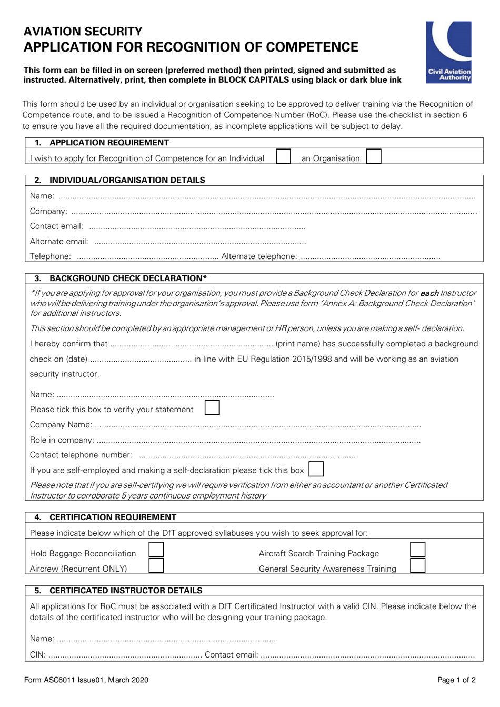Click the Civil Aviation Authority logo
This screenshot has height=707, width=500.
(x=448, y=52)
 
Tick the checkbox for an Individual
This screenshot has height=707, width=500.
(x=283, y=157)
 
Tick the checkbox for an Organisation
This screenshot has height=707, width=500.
(x=373, y=157)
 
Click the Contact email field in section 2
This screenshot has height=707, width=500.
(x=197, y=227)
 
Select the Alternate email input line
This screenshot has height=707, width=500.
(x=199, y=242)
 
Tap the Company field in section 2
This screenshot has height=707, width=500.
(x=274, y=212)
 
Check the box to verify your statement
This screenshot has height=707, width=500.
(x=212, y=408)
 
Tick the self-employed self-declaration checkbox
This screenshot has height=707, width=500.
(x=316, y=469)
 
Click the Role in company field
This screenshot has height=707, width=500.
(x=258, y=441)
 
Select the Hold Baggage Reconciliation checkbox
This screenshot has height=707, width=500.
(x=156, y=550)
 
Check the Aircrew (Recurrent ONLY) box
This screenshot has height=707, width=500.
(x=156, y=566)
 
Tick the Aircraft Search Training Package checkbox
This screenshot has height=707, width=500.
(x=417, y=550)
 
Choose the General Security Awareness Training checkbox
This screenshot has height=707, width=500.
(x=417, y=566)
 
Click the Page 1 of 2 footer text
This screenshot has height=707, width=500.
(x=456, y=680)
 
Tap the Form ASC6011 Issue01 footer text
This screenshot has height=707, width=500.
(x=86, y=680)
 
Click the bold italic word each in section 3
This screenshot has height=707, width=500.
(x=429, y=293)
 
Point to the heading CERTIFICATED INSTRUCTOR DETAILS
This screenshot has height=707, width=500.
(x=126, y=591)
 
